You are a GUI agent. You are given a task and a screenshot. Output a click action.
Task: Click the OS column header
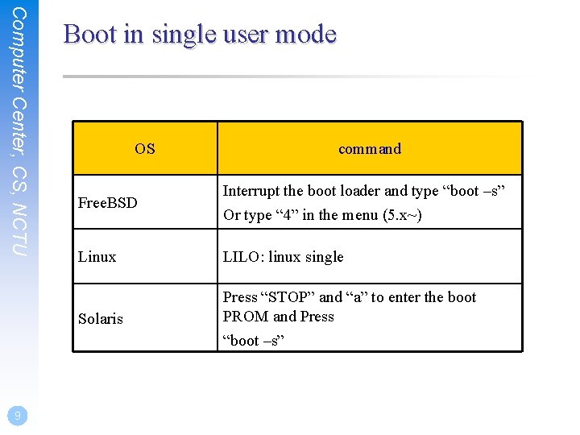pyautogui.click(x=145, y=149)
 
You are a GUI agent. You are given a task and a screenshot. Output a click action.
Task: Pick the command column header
pyautogui.click(x=370, y=149)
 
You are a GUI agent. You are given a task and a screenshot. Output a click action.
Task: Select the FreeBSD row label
pyautogui.click(x=108, y=203)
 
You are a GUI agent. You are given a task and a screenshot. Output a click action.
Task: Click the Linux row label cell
pyautogui.click(x=97, y=257)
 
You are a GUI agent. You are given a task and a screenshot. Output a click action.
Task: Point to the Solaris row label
pyautogui.click(x=101, y=319)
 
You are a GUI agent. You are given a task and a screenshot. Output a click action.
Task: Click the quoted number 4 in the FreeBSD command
pyautogui.click(x=286, y=215)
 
